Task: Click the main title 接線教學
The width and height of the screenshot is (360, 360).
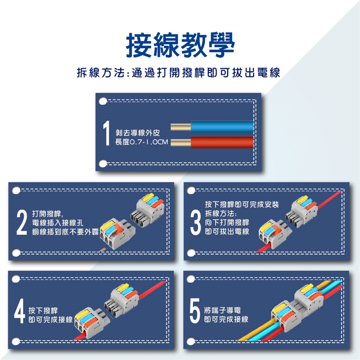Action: pyautogui.click(x=180, y=45)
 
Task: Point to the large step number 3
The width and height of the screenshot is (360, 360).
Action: pyautogui.click(x=196, y=223)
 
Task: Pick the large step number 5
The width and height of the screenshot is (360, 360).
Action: pyautogui.click(x=195, y=310)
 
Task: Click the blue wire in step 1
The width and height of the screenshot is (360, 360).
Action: pyautogui.click(x=222, y=127)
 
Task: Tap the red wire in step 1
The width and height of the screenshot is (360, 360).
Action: pyautogui.click(x=222, y=142)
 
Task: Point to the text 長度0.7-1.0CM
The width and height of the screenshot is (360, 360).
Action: pyautogui.click(x=142, y=142)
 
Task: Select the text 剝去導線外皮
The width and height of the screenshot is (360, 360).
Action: pyautogui.click(x=138, y=133)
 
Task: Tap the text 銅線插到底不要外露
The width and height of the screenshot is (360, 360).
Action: pyautogui.click(x=65, y=232)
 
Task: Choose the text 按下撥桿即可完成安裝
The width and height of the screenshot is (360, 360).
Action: pyautogui.click(x=242, y=204)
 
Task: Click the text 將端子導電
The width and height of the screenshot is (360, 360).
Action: pyautogui.click(x=222, y=310)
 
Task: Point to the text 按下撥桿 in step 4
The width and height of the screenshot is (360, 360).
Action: pyautogui.click(x=43, y=310)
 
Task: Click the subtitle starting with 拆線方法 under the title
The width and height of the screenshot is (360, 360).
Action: pyautogui.click(x=178, y=73)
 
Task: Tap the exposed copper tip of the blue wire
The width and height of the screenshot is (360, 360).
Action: pyautogui.click(x=181, y=127)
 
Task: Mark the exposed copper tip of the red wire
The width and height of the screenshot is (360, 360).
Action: pyautogui.click(x=181, y=142)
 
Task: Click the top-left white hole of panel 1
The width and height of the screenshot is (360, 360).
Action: pyautogui.click(x=103, y=101)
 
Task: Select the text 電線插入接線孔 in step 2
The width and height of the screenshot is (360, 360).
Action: pyautogui.click(x=58, y=223)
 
